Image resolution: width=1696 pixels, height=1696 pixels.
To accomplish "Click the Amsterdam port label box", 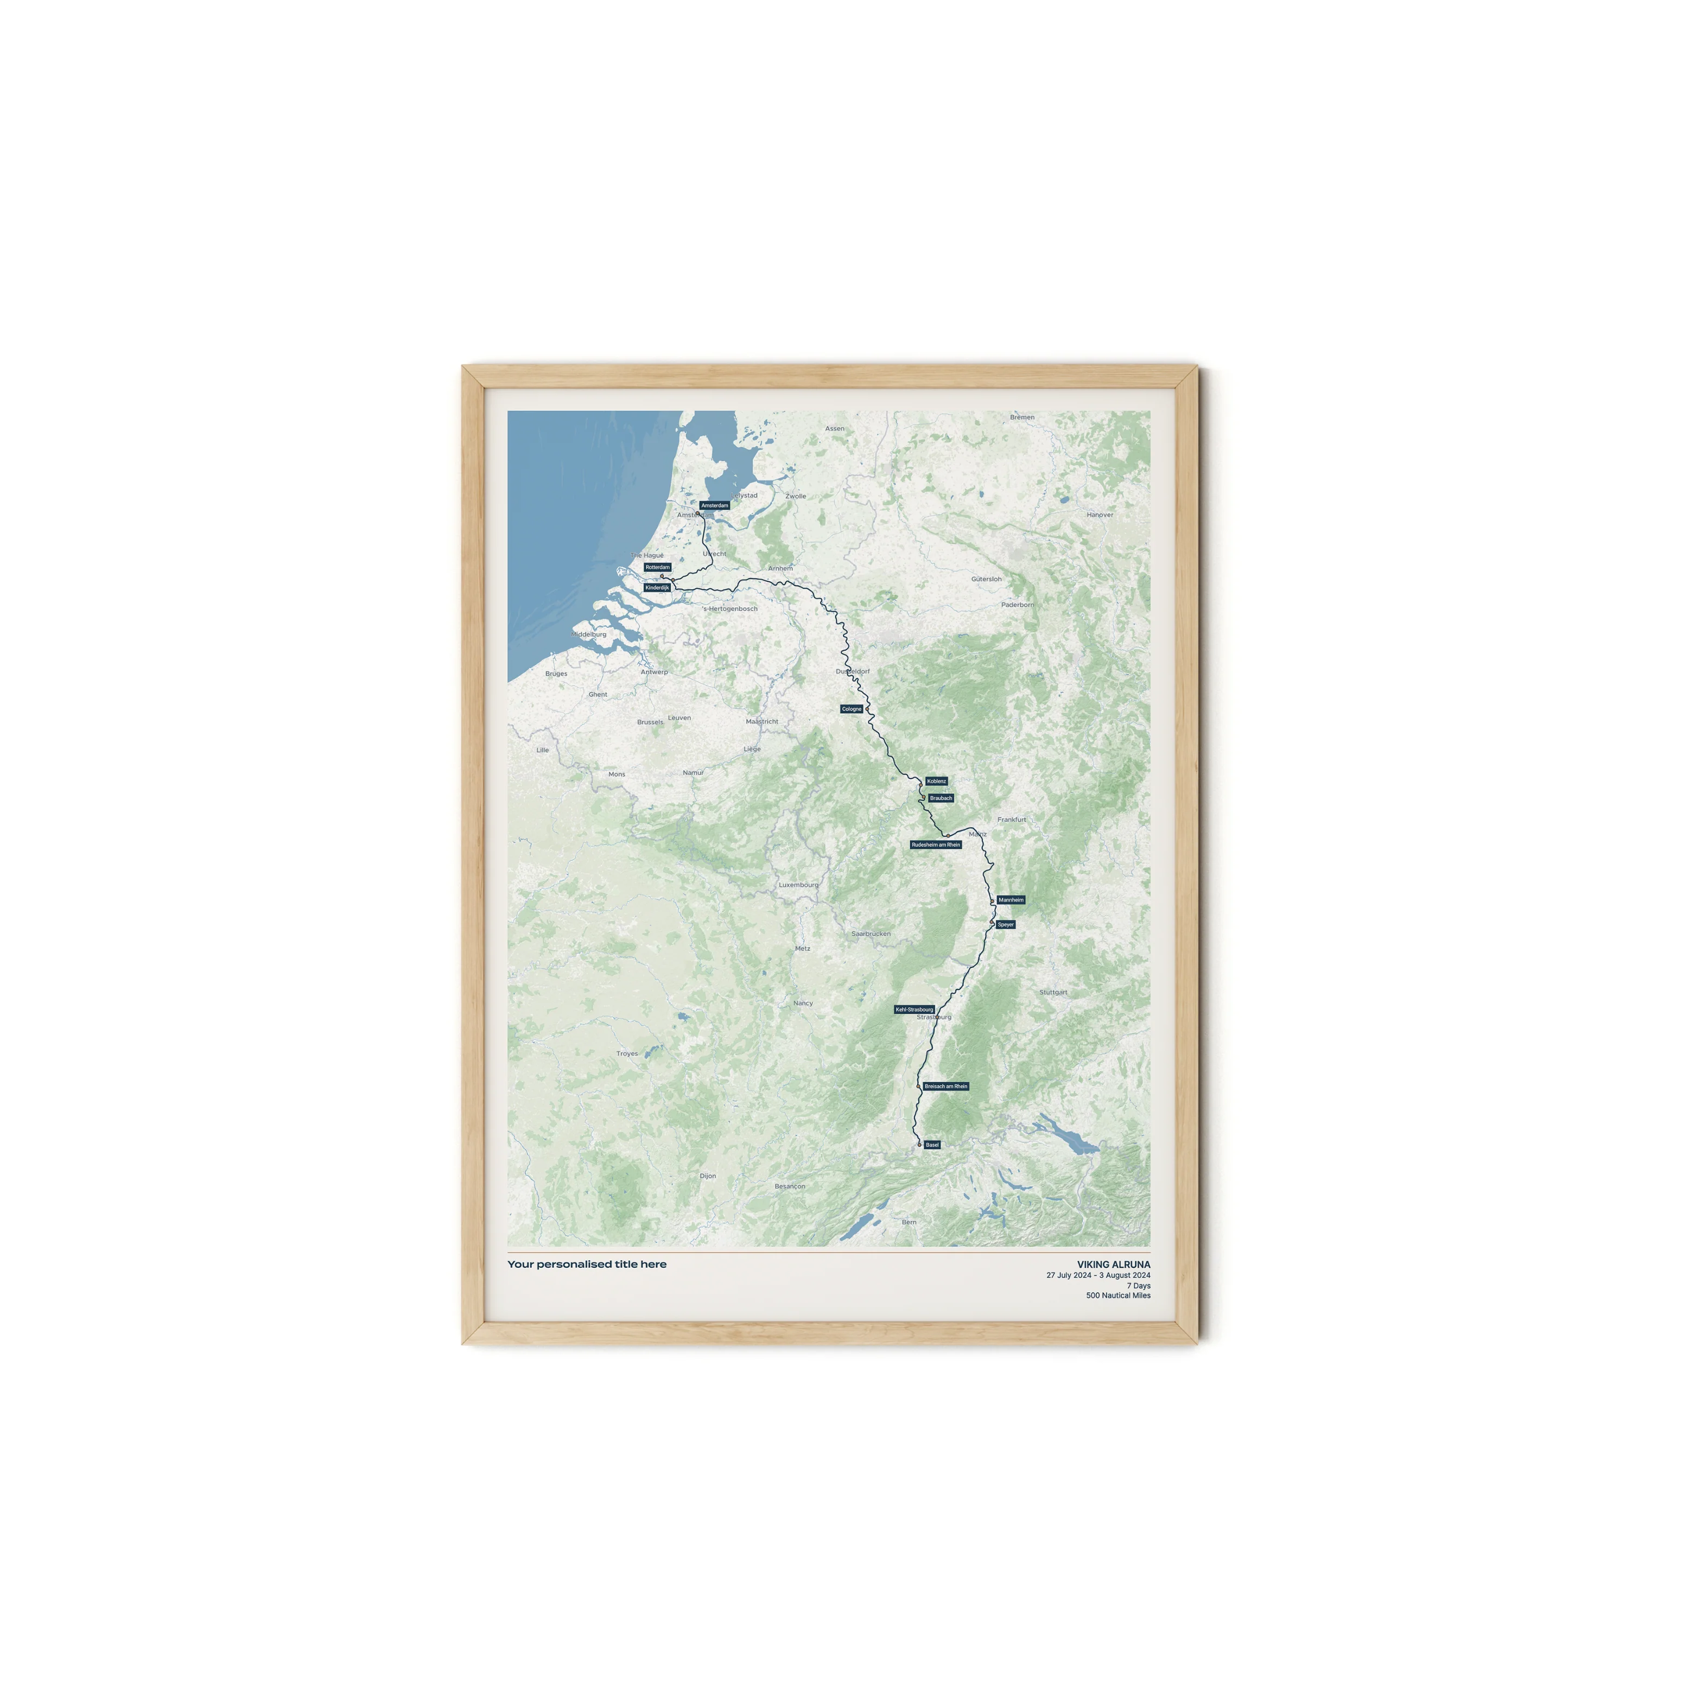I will pyautogui.click(x=715, y=506).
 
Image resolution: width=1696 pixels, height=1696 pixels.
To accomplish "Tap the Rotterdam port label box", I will pyautogui.click(x=658, y=567).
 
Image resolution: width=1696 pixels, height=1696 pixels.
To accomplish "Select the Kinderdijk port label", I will pyautogui.click(x=658, y=587).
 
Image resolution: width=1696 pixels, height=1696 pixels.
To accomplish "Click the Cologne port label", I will pyautogui.click(x=852, y=708).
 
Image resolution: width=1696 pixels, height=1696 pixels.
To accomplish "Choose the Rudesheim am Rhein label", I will pyautogui.click(x=936, y=844).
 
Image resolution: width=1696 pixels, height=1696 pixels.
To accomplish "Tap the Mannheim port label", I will pyautogui.click(x=1011, y=900).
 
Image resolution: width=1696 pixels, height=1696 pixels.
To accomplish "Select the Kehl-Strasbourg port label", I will pyautogui.click(x=914, y=1009).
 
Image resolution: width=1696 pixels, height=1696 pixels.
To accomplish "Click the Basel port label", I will pyautogui.click(x=932, y=1145).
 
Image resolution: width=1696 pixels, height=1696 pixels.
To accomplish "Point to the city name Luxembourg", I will pyautogui.click(x=798, y=885).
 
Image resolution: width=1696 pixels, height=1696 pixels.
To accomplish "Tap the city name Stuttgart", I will pyautogui.click(x=1053, y=992).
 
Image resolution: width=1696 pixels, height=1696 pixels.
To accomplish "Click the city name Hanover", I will pyautogui.click(x=1100, y=515).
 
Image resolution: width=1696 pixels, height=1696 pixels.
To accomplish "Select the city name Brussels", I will pyautogui.click(x=651, y=722).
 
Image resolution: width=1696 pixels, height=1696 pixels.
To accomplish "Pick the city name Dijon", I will pyautogui.click(x=708, y=1176).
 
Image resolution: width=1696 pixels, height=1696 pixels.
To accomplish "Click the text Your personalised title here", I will pyautogui.click(x=586, y=1264).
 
